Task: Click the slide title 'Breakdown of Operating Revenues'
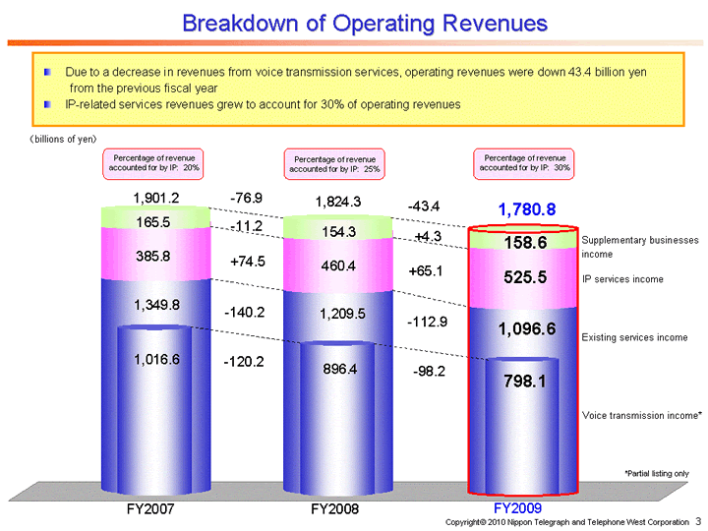365,22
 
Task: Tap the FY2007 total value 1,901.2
156,200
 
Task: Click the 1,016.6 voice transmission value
156,360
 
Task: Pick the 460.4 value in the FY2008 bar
336,265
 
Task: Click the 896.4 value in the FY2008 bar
336,368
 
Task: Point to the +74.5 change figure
248,263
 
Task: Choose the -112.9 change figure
428,321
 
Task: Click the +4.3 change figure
428,237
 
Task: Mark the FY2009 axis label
517,508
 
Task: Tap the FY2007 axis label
152,509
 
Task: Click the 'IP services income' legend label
622,279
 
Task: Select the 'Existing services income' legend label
634,337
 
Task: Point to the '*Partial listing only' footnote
656,473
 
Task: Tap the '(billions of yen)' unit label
61,139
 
